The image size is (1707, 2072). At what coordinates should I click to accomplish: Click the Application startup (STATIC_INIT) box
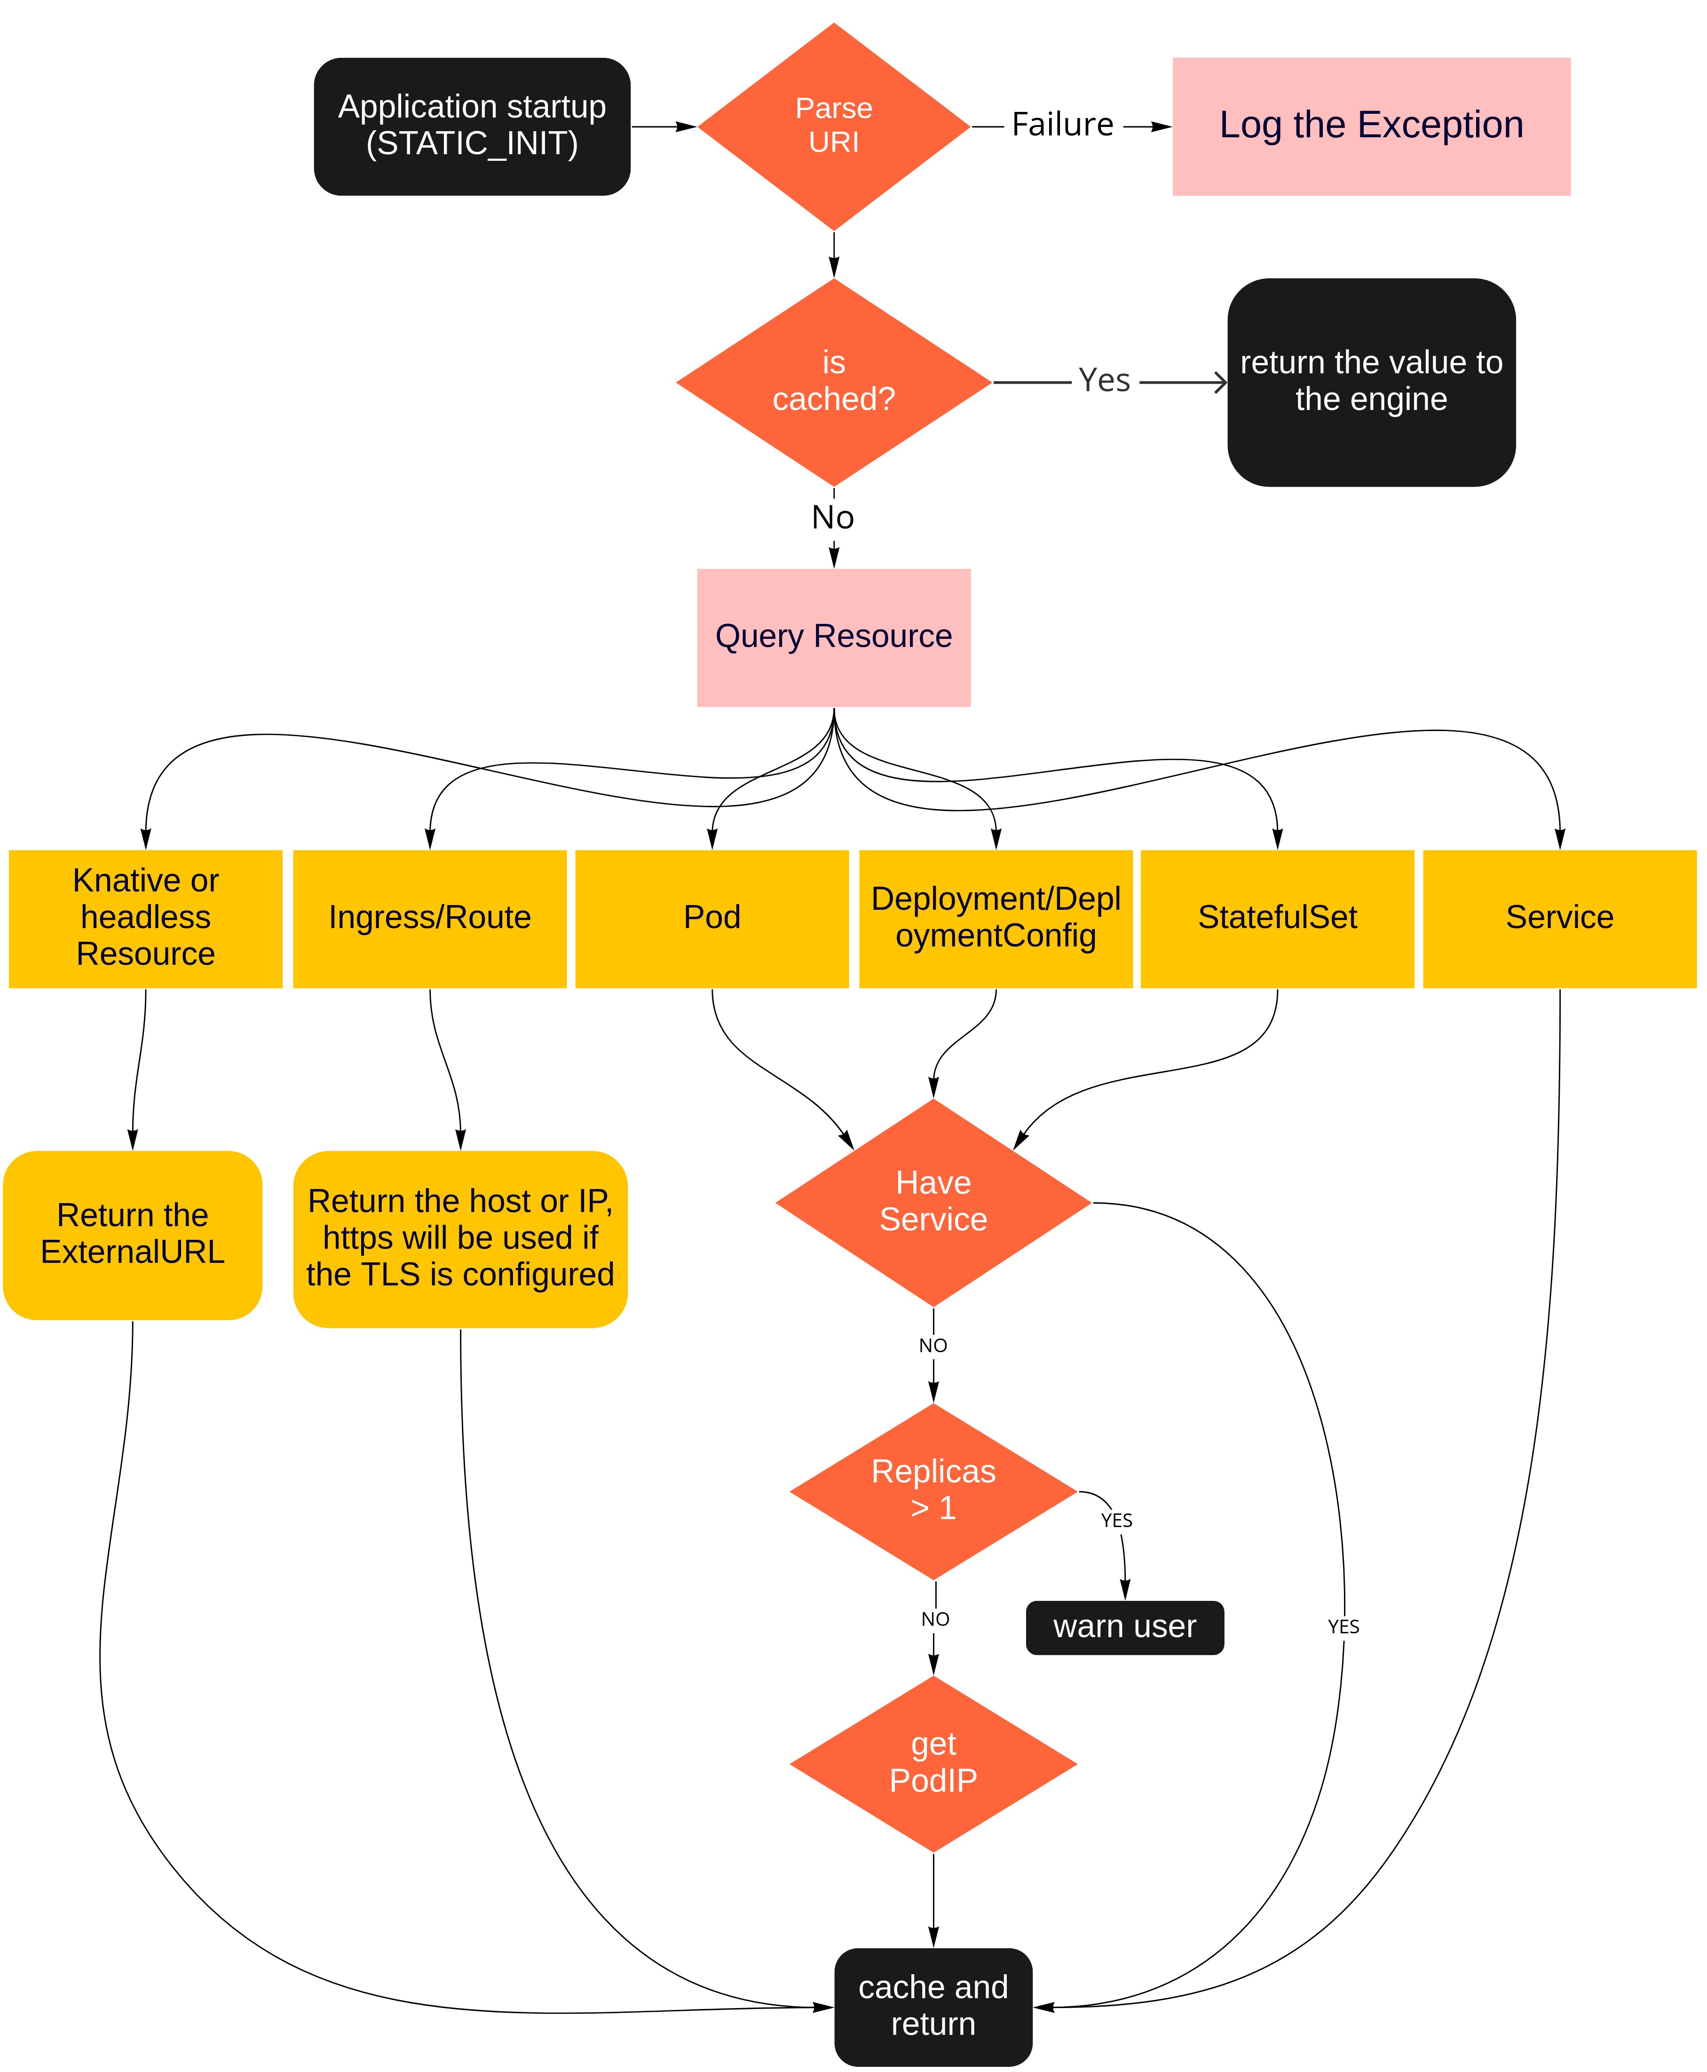tap(472, 126)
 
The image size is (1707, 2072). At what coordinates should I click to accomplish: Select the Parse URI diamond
tap(834, 126)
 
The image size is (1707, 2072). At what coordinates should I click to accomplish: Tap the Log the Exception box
tap(1371, 126)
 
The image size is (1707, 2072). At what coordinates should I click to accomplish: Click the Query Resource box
tap(834, 637)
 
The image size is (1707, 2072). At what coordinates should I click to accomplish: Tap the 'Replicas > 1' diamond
tap(933, 1490)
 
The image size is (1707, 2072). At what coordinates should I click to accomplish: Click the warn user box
tap(1125, 1627)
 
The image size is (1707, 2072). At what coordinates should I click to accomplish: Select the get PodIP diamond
tap(933, 1762)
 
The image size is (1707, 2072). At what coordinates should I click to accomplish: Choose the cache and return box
tap(933, 2005)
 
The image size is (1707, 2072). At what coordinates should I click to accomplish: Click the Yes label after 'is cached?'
tap(1104, 380)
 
